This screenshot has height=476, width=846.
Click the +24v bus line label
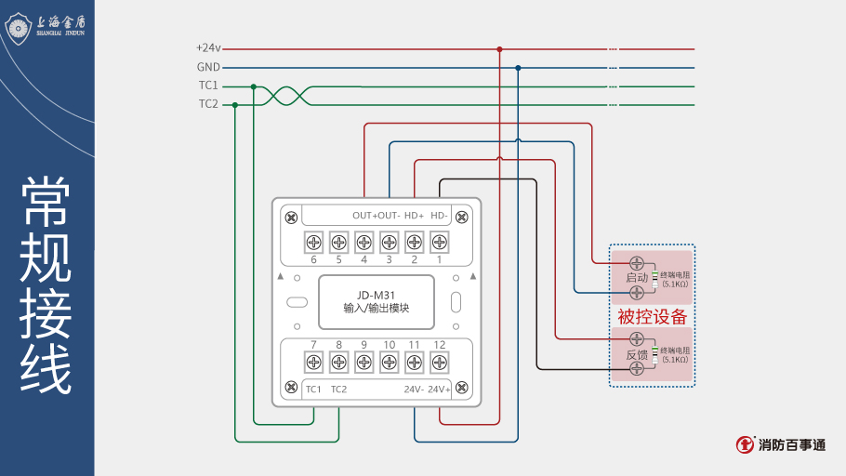pos(207,48)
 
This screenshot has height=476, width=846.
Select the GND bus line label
pos(208,67)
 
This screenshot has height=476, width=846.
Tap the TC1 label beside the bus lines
pos(208,86)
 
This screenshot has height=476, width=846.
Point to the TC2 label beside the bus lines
pos(208,104)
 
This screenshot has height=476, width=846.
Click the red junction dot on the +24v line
pos(499,48)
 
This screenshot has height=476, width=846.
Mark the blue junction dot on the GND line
pos(518,67)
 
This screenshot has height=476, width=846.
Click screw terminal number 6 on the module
pos(313,243)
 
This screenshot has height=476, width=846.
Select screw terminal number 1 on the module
pos(439,243)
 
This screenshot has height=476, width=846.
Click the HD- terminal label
pos(440,216)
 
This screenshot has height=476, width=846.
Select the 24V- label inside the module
pos(414,390)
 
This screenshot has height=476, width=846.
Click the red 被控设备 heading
pos(652,317)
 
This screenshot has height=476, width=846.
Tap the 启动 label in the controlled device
pos(637,278)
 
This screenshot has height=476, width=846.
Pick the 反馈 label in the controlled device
pos(637,355)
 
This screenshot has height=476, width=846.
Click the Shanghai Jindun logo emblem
pos(20,28)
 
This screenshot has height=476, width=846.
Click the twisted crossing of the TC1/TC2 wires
pos(279,95)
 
